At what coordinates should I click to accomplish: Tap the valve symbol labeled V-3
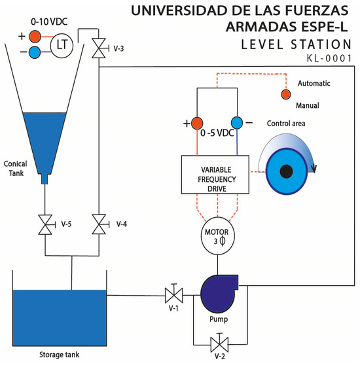click(98, 48)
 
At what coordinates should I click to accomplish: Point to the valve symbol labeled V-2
click(217, 342)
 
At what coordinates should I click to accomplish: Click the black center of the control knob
click(285, 171)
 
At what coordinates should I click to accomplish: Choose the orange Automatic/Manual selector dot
click(285, 94)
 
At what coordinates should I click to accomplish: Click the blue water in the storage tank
click(59, 317)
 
